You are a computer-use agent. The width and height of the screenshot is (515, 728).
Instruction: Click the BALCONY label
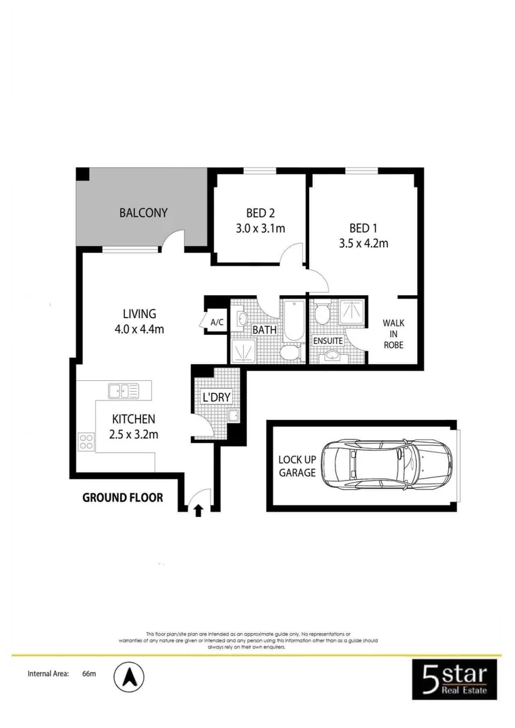(x=143, y=213)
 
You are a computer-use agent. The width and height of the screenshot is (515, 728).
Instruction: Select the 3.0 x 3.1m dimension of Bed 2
(x=260, y=229)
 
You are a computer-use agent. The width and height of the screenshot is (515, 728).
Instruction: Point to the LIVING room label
(x=139, y=313)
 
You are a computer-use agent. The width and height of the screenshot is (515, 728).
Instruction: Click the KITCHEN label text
(x=133, y=419)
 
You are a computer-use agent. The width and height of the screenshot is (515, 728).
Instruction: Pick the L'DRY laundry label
(x=217, y=397)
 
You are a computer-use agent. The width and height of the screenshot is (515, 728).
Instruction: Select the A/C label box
(x=217, y=323)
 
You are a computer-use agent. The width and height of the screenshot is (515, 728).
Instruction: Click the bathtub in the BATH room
(x=294, y=320)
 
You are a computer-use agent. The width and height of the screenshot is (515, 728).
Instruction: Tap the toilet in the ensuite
(x=322, y=315)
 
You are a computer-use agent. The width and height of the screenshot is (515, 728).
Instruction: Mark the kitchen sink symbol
(x=123, y=390)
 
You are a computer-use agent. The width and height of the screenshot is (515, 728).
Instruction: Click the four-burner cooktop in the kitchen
(x=86, y=442)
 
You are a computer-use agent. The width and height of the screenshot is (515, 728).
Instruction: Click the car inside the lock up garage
(x=386, y=464)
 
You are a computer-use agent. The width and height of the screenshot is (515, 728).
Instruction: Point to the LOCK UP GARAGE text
(x=297, y=466)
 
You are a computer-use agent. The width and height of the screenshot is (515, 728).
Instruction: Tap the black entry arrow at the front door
(x=198, y=510)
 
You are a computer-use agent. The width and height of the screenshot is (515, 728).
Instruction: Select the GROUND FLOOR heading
(x=122, y=497)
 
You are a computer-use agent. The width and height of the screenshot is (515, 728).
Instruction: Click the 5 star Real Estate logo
(x=454, y=679)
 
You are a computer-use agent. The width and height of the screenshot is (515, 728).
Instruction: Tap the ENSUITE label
(x=328, y=341)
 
